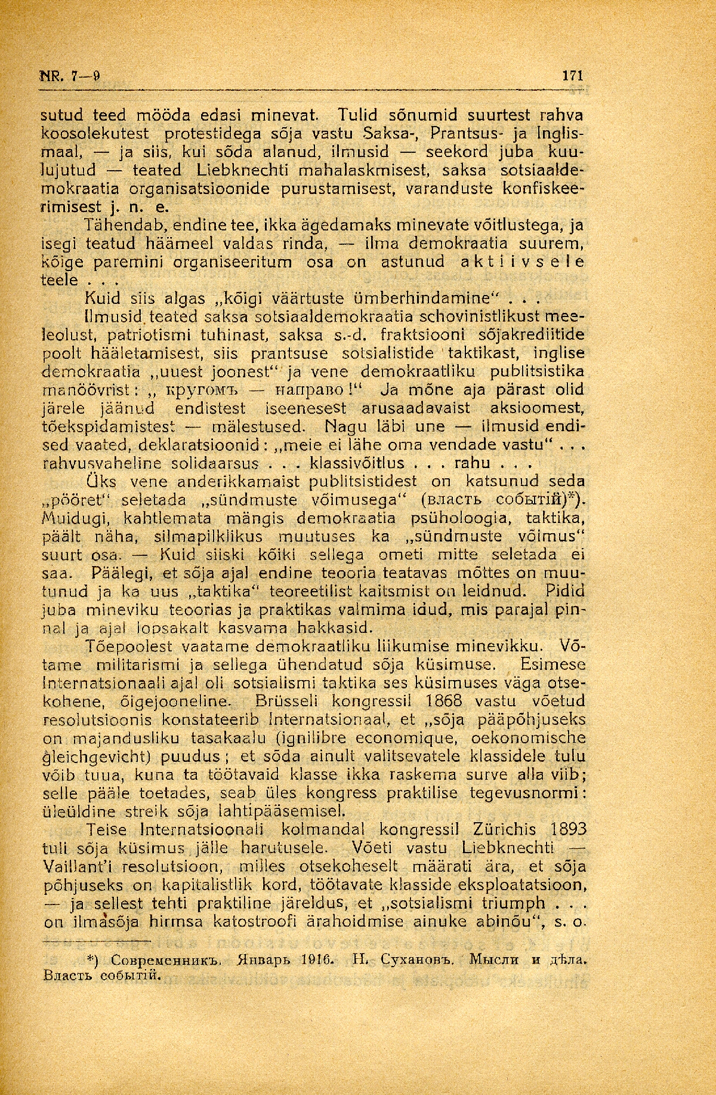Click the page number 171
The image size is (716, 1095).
572,76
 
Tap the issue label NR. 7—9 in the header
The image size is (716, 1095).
69,76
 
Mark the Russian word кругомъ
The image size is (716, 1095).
200,390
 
